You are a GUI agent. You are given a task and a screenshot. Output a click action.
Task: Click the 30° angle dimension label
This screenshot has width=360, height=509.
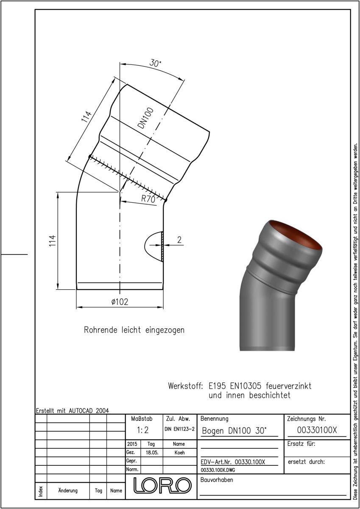point(155,63)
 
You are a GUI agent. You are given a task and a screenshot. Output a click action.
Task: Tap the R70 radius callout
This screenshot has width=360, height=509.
point(148,199)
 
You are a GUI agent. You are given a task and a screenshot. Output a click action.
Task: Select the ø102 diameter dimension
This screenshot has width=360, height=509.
point(120,302)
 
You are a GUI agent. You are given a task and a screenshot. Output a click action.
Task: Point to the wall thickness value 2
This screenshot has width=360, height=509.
point(179,240)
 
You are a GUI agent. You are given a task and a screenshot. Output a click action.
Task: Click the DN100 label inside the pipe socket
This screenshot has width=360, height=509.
point(146,118)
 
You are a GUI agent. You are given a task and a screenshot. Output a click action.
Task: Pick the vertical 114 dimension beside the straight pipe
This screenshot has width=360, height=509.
point(52,241)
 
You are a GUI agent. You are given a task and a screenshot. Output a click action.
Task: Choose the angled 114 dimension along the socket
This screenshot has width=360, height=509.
point(87,117)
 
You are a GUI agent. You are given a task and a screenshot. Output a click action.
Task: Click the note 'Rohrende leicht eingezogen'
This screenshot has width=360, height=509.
point(134,330)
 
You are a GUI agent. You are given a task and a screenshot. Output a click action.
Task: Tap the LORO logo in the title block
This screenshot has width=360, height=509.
point(162,486)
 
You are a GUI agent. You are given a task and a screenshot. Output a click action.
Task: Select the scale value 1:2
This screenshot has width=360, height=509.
point(142,430)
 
